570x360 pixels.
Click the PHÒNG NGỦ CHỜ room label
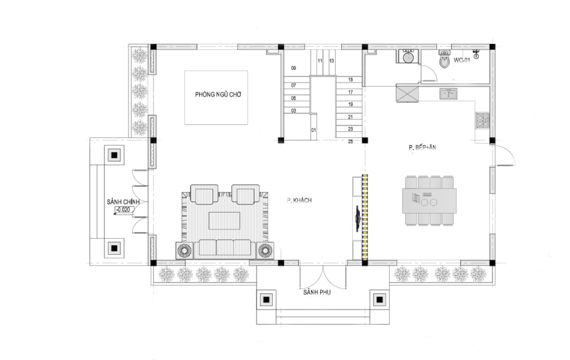(218, 95)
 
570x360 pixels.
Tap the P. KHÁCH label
(299, 200)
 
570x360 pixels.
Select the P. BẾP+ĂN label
(422, 147)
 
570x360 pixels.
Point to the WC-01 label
(461, 60)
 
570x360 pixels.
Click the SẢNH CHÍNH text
(123, 201)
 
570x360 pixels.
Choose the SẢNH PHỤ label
(317, 292)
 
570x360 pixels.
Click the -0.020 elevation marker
(125, 210)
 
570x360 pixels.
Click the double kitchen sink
(449, 93)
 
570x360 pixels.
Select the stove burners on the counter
(483, 121)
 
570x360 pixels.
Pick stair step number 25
(351, 141)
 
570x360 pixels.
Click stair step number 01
(313, 130)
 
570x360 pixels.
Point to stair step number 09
(294, 68)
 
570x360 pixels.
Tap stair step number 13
(332, 61)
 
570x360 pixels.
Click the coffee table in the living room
(224, 220)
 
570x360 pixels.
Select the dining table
(429, 200)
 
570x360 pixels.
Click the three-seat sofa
(225, 249)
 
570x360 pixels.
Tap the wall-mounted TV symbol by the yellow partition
(358, 218)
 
